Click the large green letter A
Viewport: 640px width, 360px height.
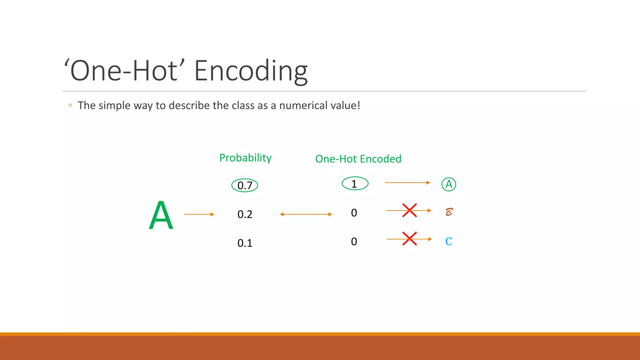click(161, 215)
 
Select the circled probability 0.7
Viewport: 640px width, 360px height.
click(245, 185)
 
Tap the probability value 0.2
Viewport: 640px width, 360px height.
click(245, 214)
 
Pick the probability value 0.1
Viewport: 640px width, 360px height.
click(245, 243)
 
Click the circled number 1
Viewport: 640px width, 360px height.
click(355, 184)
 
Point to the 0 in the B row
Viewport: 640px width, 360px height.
click(354, 213)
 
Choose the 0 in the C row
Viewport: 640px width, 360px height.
click(354, 242)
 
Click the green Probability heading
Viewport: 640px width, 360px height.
click(245, 158)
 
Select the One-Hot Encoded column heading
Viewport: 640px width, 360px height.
click(358, 159)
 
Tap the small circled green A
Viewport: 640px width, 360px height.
click(449, 184)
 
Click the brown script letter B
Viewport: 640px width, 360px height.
click(449, 212)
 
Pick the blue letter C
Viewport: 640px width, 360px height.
click(449, 242)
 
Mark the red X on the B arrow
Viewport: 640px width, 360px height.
click(409, 210)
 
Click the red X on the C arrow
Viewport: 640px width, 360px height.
click(409, 239)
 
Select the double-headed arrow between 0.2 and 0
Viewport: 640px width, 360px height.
click(306, 214)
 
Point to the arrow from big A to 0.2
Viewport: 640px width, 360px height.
click(199, 214)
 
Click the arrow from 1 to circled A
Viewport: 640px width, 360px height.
click(407, 182)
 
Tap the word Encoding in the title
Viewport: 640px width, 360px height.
click(251, 71)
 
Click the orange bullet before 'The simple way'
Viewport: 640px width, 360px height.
click(70, 105)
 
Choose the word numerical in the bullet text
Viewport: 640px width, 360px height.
click(303, 106)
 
